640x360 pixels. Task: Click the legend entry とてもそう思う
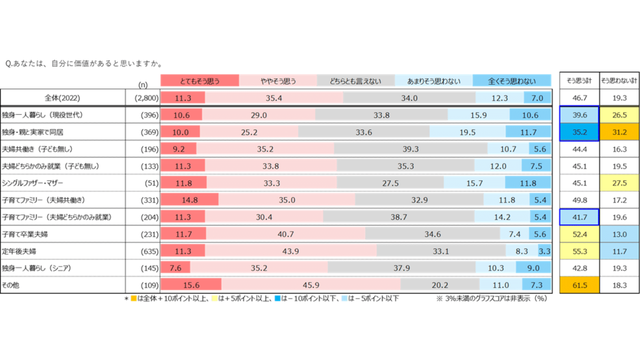pyautogui.click(x=199, y=81)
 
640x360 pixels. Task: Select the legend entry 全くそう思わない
pyautogui.click(x=512, y=81)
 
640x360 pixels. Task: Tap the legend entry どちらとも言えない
pyautogui.click(x=355, y=81)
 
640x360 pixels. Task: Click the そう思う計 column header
pyautogui.click(x=579, y=81)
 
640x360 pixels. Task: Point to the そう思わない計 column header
pyautogui.click(x=619, y=81)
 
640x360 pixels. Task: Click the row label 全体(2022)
pyautogui.click(x=62, y=98)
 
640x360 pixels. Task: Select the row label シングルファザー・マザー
pyautogui.click(x=32, y=183)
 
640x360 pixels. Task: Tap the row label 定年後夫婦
pyautogui.click(x=19, y=251)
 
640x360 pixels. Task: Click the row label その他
pyautogui.click(x=11, y=285)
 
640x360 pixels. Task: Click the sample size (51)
pyautogui.click(x=151, y=183)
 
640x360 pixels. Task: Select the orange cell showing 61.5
pyautogui.click(x=579, y=285)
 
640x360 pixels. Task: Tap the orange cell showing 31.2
pyautogui.click(x=619, y=132)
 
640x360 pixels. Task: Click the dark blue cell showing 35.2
pyautogui.click(x=579, y=132)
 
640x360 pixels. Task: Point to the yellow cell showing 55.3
pyautogui.click(x=579, y=251)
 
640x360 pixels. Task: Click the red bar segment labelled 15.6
pyautogui.click(x=191, y=285)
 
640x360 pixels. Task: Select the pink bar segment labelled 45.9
pyautogui.click(x=311, y=285)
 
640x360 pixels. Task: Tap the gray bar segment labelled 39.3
pyautogui.click(x=410, y=149)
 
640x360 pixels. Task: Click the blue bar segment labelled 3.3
pyautogui.click(x=544, y=251)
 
